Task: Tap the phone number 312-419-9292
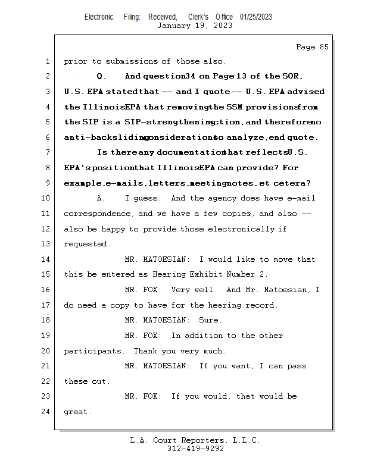(x=195, y=449)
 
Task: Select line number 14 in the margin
(x=47, y=259)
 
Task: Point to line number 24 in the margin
(x=47, y=411)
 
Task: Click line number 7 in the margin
(x=47, y=153)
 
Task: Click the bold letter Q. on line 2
(x=101, y=77)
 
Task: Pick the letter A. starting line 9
(x=101, y=198)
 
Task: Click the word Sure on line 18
(x=210, y=320)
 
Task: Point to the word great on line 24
(x=76, y=411)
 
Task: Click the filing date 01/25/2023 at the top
(x=256, y=17)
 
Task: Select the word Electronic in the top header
(x=99, y=17)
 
